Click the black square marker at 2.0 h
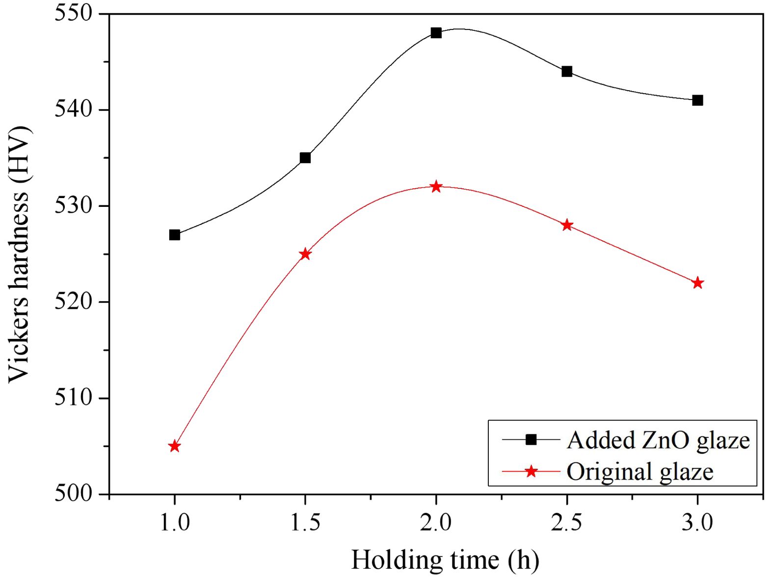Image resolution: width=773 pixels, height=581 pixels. click(x=436, y=33)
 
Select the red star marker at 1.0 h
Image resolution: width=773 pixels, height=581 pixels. click(x=174, y=446)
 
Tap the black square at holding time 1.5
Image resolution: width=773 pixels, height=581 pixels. click(x=305, y=158)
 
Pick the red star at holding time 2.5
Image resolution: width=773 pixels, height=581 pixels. click(x=567, y=225)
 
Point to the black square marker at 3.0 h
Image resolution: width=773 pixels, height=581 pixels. click(x=697, y=101)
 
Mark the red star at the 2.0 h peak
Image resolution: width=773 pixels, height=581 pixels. click(x=436, y=187)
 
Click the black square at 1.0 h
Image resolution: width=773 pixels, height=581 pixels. click(x=174, y=235)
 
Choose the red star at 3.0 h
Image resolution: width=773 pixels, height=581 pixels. click(x=697, y=283)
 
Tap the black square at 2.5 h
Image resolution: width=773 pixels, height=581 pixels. click(x=567, y=72)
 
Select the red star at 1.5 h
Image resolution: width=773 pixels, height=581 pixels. click(x=305, y=254)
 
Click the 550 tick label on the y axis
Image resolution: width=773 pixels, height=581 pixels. click(x=74, y=14)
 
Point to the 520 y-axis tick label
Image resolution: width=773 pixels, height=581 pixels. click(x=74, y=302)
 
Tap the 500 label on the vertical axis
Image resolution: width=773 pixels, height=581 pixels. click(x=74, y=493)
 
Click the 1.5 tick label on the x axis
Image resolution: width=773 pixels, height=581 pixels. click(x=305, y=523)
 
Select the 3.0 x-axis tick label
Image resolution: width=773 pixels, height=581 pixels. click(x=697, y=523)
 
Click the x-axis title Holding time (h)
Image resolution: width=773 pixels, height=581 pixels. click(x=445, y=560)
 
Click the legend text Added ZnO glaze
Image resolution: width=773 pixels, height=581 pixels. click(x=658, y=440)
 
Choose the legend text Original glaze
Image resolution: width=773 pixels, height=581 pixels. click(x=640, y=472)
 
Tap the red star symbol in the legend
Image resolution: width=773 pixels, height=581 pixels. click(x=531, y=472)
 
